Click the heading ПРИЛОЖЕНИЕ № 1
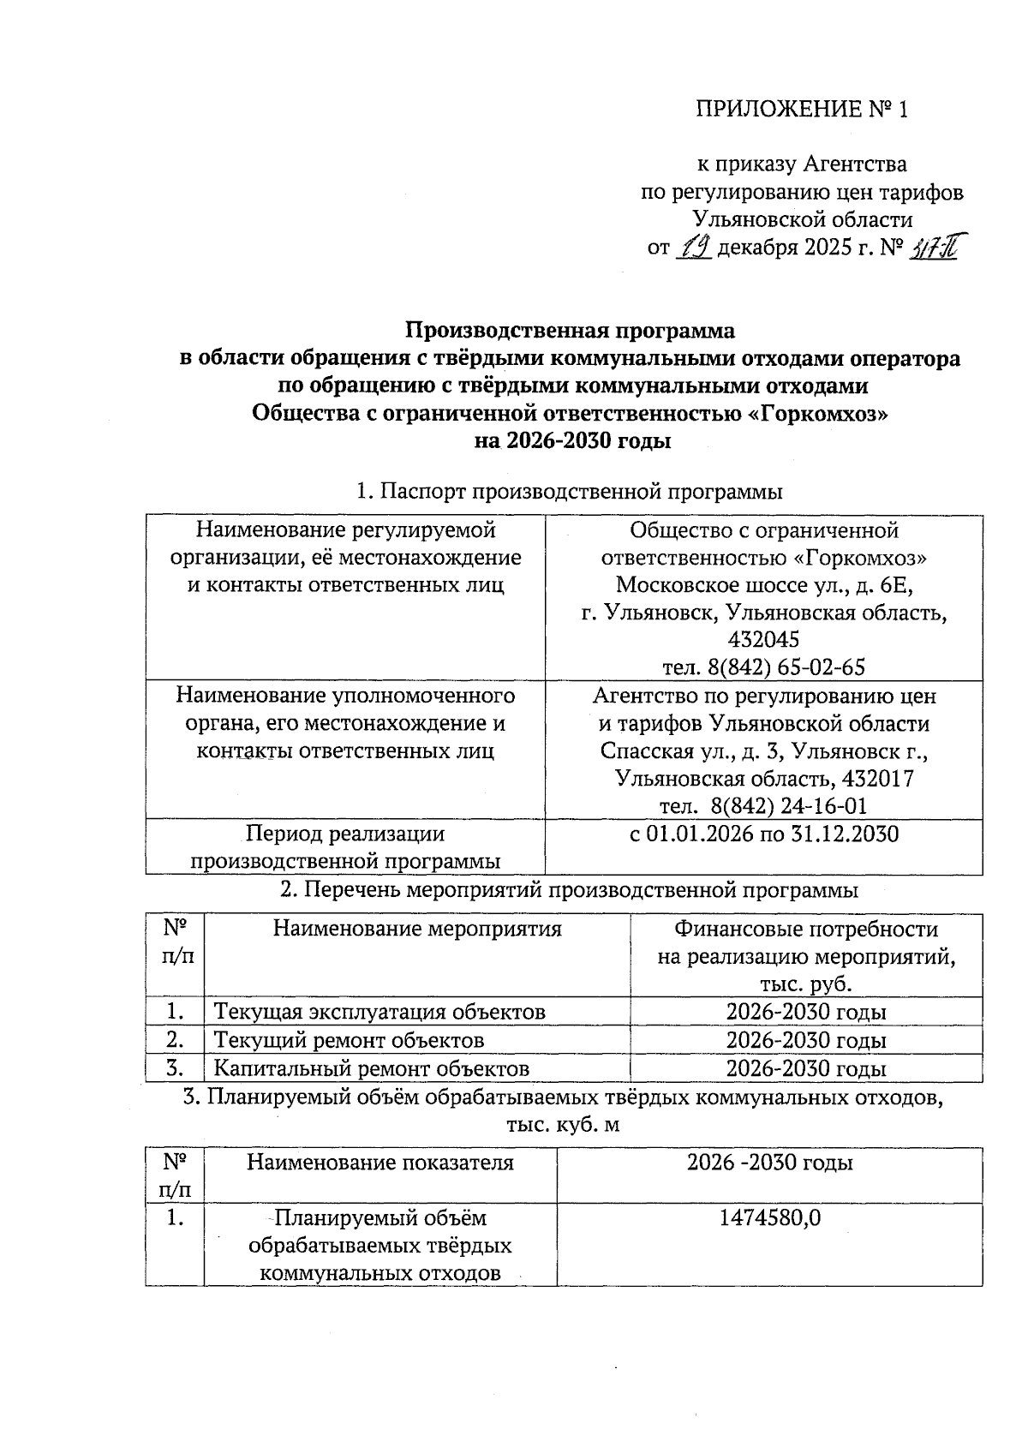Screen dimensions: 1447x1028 pyautogui.click(x=800, y=109)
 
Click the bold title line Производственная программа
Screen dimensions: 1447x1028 pyautogui.click(x=570, y=331)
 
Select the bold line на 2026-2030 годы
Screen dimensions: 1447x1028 pyautogui.click(x=571, y=442)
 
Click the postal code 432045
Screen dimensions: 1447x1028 pyautogui.click(x=763, y=640)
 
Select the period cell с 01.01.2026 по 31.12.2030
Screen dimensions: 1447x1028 pyautogui.click(x=763, y=834)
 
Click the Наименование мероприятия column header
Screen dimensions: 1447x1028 pyautogui.click(x=417, y=929)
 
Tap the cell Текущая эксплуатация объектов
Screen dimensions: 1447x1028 pyautogui.click(x=380, y=1012)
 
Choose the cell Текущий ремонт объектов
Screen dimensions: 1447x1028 pyautogui.click(x=349, y=1040)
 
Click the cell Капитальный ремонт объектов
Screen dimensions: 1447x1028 pyautogui.click(x=371, y=1068)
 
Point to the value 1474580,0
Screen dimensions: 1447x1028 pyautogui.click(x=769, y=1217)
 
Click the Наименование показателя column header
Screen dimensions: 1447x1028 pyautogui.click(x=380, y=1163)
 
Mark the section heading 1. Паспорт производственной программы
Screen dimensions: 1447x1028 pyautogui.click(x=569, y=493)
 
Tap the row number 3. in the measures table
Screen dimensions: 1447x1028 pyautogui.click(x=176, y=1068)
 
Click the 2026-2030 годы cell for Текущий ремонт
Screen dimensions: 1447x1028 pyautogui.click(x=805, y=1040)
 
